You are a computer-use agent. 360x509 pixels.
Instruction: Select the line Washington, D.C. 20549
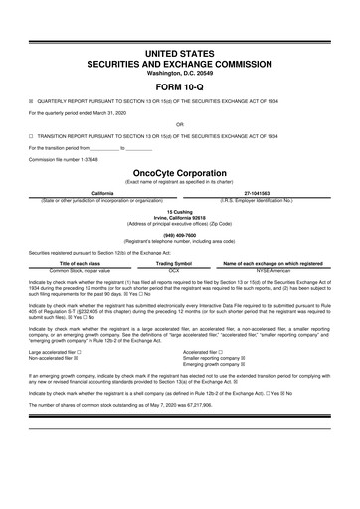point(179,72)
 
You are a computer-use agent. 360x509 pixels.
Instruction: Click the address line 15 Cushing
point(179,211)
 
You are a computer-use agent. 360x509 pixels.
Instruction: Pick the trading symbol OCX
point(174,269)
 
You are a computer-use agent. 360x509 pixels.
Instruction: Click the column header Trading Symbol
point(174,262)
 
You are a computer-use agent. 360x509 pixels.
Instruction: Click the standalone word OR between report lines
point(179,124)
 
